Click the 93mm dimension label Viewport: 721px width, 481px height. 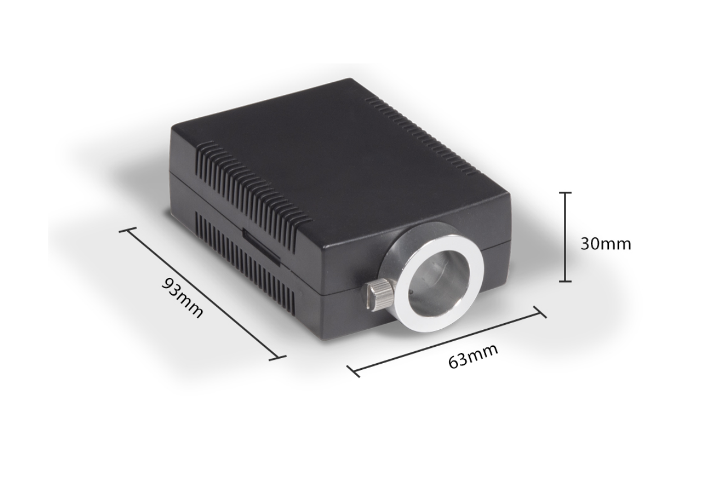click(x=183, y=298)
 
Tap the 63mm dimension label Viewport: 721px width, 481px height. click(x=473, y=356)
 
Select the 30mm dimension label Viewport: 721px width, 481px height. click(x=606, y=244)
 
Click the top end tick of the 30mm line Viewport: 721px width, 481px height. click(x=565, y=193)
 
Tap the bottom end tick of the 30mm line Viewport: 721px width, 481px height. click(x=565, y=281)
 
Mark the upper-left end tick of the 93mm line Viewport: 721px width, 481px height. click(x=127, y=230)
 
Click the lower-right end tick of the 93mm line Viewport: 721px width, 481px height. click(x=278, y=358)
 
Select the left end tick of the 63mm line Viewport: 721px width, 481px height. click(x=353, y=371)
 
